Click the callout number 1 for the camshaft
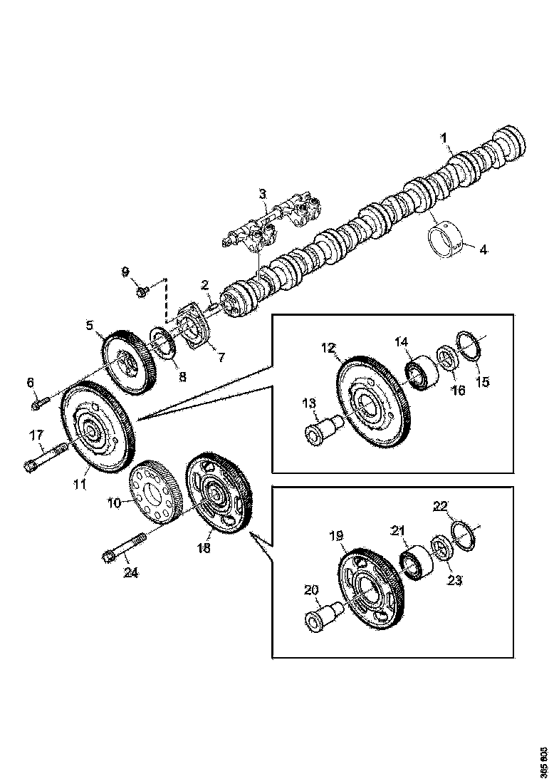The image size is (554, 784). tap(444, 136)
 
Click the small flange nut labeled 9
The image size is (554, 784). tap(142, 291)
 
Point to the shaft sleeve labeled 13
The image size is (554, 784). tap(322, 430)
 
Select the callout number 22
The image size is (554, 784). tap(441, 506)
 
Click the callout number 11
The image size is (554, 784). tap(80, 484)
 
